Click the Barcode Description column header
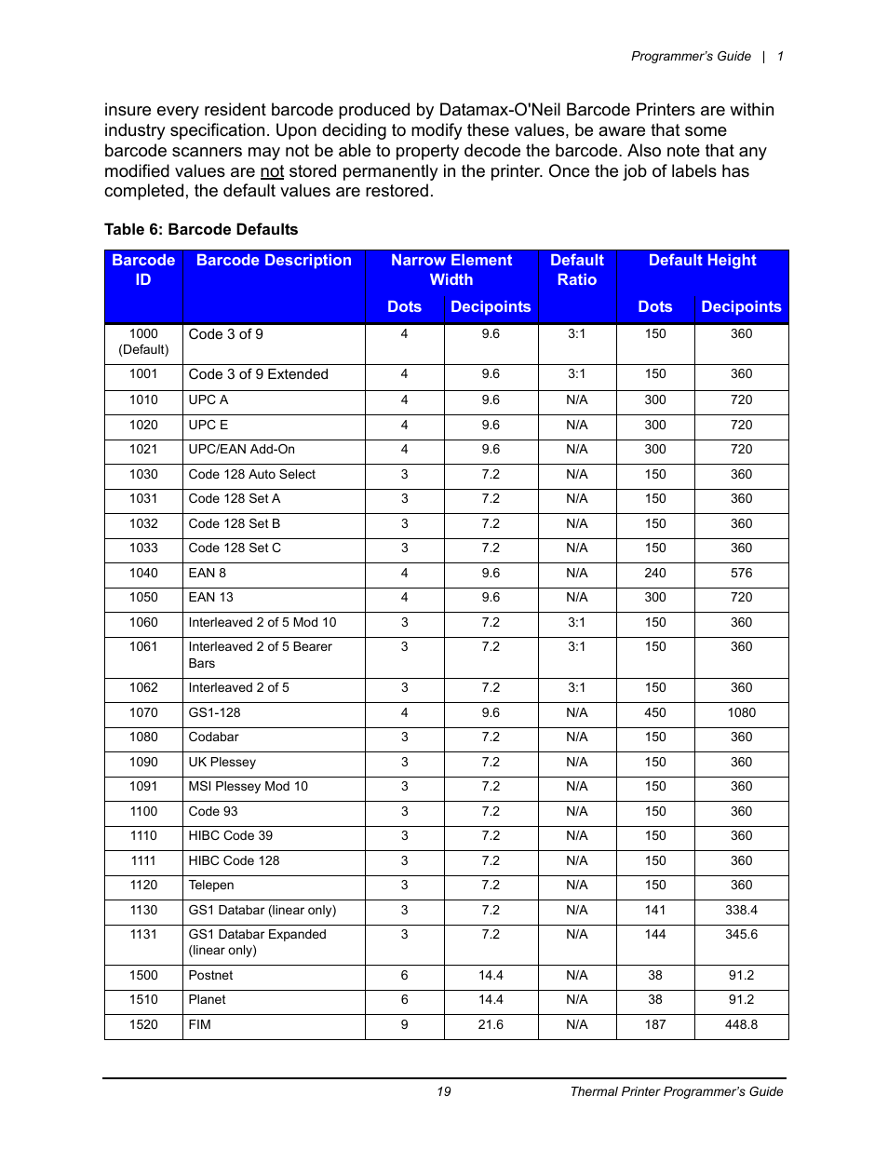click(274, 261)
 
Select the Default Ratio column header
click(577, 270)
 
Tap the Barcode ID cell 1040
click(143, 574)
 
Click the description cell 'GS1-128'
click(214, 713)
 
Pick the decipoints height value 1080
click(741, 713)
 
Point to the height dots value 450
click(655, 713)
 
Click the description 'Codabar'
click(213, 737)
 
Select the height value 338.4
click(741, 911)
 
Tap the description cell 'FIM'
click(199, 1025)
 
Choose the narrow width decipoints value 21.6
click(491, 1025)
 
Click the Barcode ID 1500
click(143, 976)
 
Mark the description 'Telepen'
click(211, 886)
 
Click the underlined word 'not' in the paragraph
click(272, 171)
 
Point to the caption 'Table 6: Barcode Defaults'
click(201, 230)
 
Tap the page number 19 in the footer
click(444, 1092)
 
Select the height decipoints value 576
click(741, 574)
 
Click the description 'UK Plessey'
click(222, 763)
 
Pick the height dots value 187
click(655, 1025)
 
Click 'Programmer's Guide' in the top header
click(691, 57)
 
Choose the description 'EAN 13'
click(210, 598)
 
